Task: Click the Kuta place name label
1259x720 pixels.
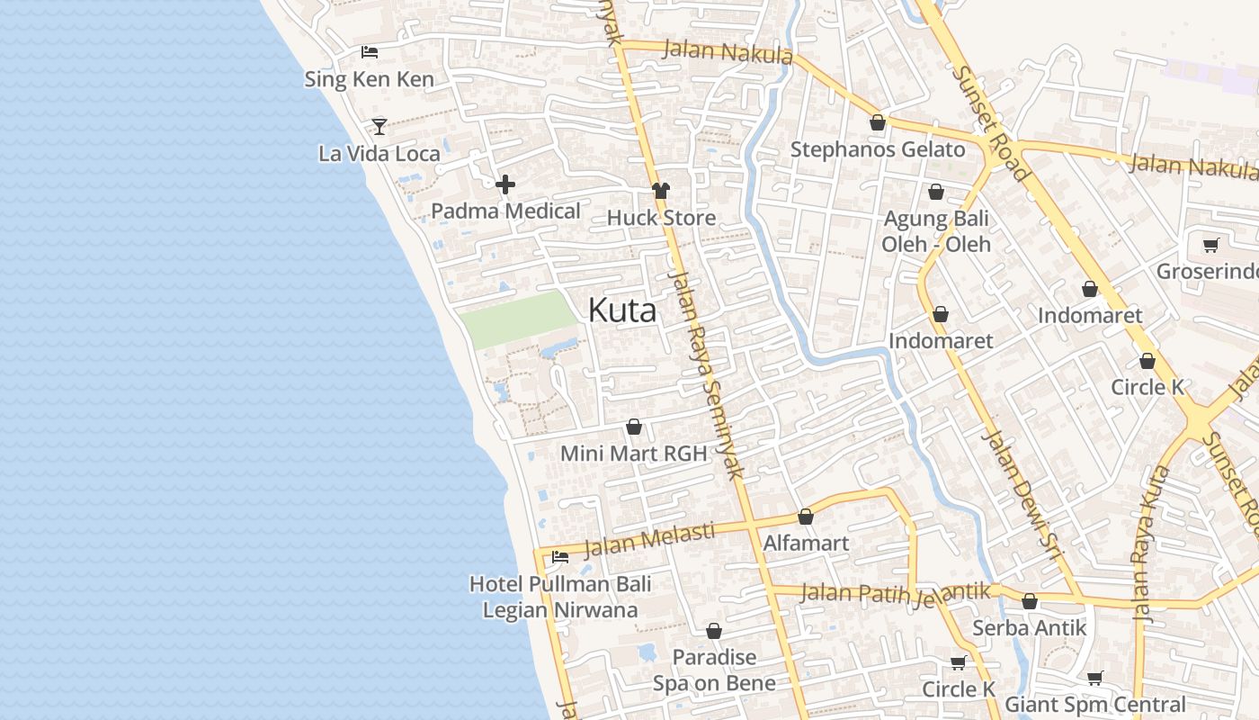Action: click(621, 310)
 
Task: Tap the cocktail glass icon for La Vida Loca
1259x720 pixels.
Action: click(379, 126)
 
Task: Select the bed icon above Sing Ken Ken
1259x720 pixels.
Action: click(369, 52)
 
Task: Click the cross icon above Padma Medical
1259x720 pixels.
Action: click(505, 184)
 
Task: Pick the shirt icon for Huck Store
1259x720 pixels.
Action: click(661, 190)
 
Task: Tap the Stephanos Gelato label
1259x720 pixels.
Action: click(877, 149)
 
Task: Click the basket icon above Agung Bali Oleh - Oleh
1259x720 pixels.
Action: click(936, 192)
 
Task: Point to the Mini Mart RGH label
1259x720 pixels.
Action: click(634, 454)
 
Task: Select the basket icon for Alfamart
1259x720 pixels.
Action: click(806, 517)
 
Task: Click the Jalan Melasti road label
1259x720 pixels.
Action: click(648, 538)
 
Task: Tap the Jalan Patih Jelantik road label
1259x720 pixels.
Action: click(895, 593)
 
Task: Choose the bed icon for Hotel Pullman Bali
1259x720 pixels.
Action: click(560, 556)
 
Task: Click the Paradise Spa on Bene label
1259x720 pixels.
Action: click(714, 670)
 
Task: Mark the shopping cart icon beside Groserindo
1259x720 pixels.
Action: click(1210, 245)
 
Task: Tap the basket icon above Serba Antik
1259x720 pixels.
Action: click(1030, 601)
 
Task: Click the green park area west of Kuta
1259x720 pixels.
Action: click(519, 319)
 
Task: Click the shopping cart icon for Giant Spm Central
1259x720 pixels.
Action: click(1094, 678)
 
